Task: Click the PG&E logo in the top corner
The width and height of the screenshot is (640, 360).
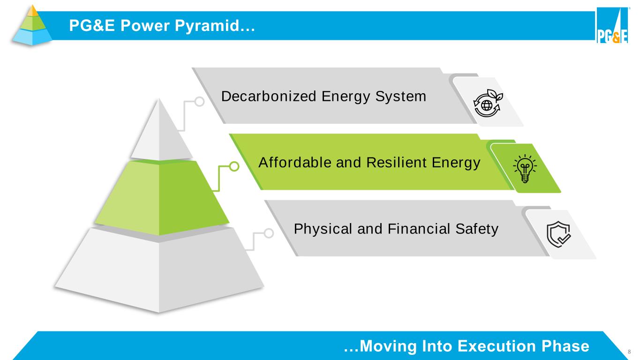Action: tap(612, 25)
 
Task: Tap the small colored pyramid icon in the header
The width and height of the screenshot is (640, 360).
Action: tap(32, 25)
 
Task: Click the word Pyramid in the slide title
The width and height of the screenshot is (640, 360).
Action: tap(207, 26)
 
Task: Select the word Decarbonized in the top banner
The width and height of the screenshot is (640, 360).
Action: tap(269, 96)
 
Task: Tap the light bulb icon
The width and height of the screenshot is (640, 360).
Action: tap(525, 169)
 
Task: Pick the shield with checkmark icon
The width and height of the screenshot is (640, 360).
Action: tap(558, 234)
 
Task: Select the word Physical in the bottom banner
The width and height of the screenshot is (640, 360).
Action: tap(323, 229)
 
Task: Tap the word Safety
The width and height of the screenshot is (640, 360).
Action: tap(477, 229)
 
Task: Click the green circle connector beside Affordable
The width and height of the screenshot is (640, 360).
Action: tap(234, 166)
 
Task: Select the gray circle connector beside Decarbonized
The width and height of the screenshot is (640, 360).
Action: tap(199, 101)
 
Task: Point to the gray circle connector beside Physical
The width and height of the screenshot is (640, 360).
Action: tap(269, 233)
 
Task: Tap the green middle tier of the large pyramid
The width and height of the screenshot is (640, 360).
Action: tap(162, 197)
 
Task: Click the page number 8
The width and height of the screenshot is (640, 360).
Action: tap(629, 352)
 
